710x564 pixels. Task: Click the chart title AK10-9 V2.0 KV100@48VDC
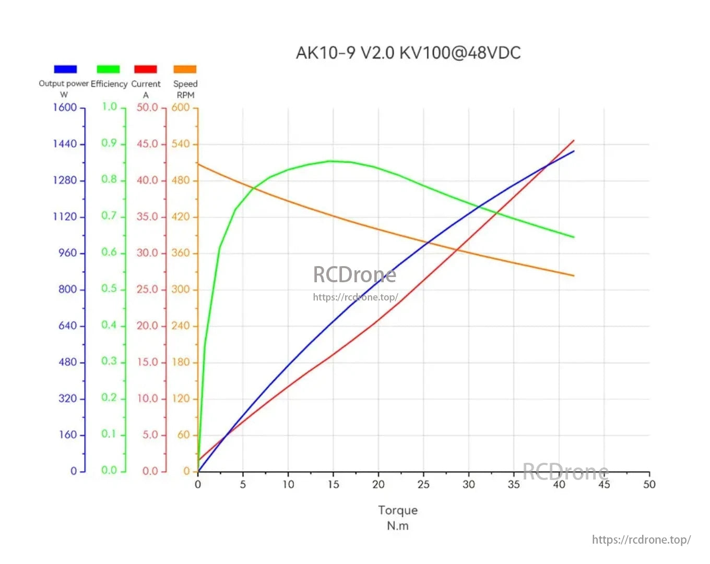point(408,53)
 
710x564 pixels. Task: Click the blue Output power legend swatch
point(65,69)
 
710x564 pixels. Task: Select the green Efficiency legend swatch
point(108,69)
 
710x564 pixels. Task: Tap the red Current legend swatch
point(146,69)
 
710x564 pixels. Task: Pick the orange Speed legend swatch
point(185,69)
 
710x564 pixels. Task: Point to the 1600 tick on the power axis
point(65,107)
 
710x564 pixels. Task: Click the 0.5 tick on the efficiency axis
point(109,289)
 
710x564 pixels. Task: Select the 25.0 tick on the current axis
point(147,289)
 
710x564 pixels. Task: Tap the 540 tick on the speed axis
point(181,143)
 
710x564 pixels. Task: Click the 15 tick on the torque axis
point(333,484)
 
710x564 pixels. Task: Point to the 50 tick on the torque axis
point(649,484)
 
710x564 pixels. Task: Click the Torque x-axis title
point(398,510)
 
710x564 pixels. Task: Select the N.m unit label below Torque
point(398,525)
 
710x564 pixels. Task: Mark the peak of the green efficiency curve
point(331,161)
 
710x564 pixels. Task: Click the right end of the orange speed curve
point(574,275)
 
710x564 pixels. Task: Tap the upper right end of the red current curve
point(574,140)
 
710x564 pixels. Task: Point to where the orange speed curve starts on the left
point(198,164)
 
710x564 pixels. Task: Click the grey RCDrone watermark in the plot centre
point(354,274)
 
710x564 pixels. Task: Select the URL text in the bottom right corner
point(641,539)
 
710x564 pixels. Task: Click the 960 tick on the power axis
point(68,253)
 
